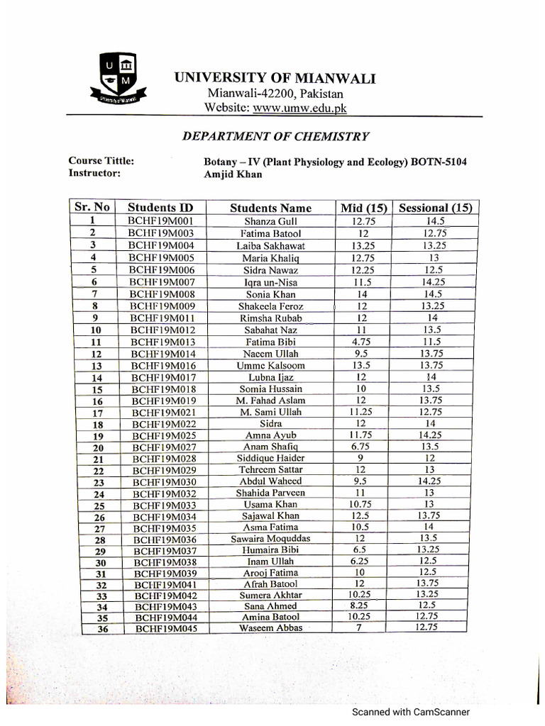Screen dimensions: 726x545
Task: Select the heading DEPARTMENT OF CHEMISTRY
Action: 275,136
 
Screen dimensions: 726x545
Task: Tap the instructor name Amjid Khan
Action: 233,174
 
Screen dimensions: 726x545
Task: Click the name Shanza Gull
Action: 270,221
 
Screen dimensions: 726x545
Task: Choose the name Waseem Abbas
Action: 270,628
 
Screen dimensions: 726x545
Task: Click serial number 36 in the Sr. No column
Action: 100,629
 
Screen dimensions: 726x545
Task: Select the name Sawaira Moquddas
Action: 270,538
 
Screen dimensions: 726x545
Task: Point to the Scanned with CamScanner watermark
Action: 412,713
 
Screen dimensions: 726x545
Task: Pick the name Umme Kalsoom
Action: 270,365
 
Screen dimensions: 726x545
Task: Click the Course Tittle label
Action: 101,161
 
